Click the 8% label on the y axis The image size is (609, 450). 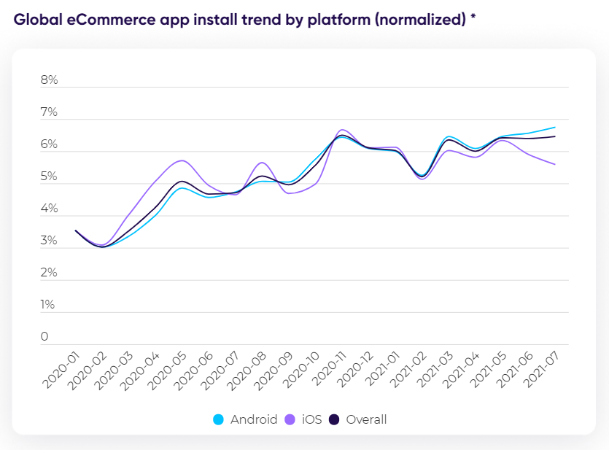click(49, 80)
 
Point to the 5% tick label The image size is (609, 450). click(49, 176)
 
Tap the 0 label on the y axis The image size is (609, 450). click(44, 337)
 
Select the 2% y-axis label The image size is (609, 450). click(49, 273)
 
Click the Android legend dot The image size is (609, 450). click(218, 419)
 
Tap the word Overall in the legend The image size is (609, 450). click(366, 419)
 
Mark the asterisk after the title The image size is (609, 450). click(473, 18)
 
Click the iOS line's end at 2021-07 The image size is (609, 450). click(555, 164)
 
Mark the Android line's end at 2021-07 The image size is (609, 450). click(555, 127)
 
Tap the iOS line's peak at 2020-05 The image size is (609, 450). click(182, 160)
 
